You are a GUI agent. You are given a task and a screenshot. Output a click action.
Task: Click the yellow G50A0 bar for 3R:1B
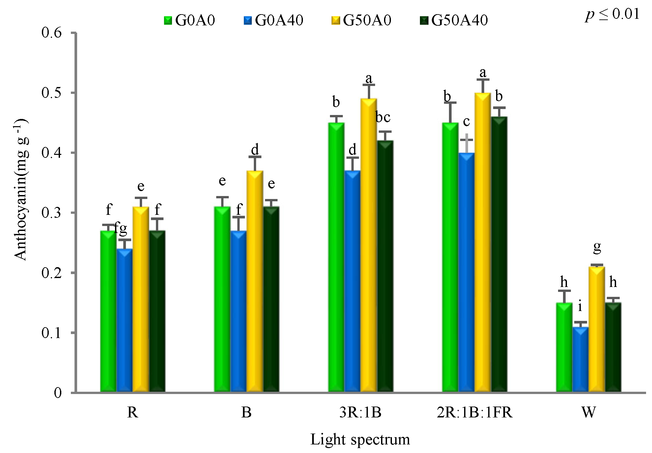pos(369,245)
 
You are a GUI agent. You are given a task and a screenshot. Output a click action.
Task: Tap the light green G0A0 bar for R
pos(108,311)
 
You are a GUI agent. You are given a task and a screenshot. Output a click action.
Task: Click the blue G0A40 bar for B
pos(238,311)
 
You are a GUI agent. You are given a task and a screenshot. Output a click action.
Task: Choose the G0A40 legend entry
pos(273,20)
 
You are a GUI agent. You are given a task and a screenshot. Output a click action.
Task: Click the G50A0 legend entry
pos(361,20)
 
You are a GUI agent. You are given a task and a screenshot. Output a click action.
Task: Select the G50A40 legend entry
pos(454,20)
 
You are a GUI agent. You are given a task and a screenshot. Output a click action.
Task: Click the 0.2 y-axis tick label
pos(51,273)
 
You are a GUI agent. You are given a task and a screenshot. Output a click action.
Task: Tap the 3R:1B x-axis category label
pos(360,412)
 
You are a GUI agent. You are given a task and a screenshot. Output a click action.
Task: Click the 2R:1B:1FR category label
pos(474,412)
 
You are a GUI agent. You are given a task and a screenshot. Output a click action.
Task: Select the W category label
pos(589,412)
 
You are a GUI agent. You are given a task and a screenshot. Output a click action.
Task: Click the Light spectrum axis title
pos(360,439)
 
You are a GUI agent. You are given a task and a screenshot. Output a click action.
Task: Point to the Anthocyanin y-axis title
pos(21,189)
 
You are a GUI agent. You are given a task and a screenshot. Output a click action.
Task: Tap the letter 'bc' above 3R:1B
pos(383,117)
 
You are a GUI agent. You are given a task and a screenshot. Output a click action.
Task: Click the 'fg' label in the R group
pos(121,228)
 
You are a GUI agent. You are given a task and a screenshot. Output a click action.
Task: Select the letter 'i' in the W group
pos(580,306)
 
